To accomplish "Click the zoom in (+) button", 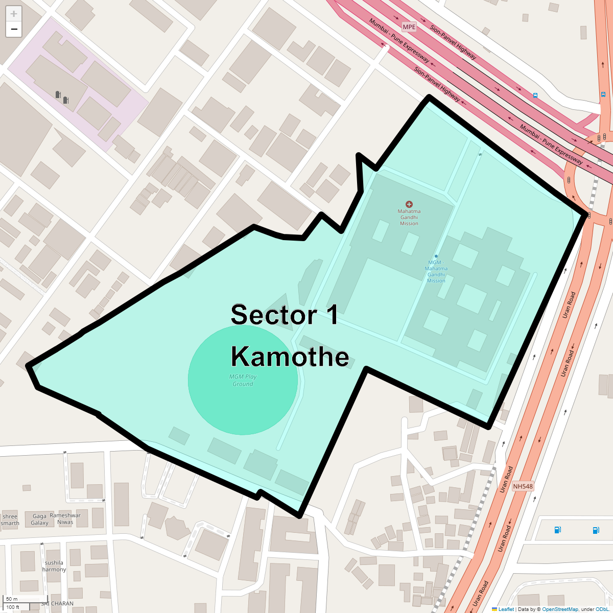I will [14, 14].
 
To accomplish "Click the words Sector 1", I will [284, 315].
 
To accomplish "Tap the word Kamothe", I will [290, 357].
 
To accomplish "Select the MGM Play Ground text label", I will [243, 380].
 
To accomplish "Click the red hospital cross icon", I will [409, 204].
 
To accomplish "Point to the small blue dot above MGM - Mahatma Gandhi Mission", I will [436, 256].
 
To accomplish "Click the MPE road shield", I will [409, 27].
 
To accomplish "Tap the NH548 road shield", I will [523, 486].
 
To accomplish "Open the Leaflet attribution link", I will [506, 609].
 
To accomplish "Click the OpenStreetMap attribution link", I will [560, 609].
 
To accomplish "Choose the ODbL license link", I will [602, 609].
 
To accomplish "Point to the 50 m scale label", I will [12, 599].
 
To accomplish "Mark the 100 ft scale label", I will [13, 607].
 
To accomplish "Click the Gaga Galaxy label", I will [39, 520].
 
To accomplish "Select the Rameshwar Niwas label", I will [65, 518].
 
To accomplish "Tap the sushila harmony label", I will [54, 566].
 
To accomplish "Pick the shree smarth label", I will [10, 520].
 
